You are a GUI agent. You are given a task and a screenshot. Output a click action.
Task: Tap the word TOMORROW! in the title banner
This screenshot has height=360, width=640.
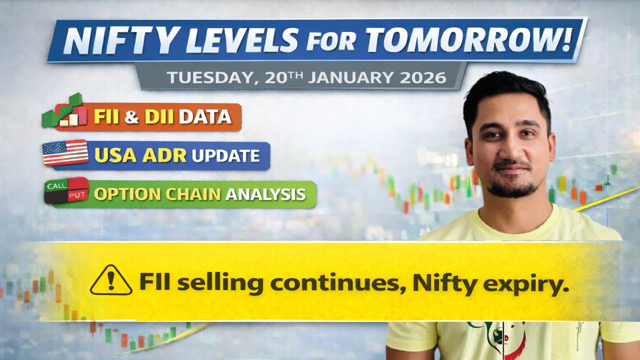(468, 39)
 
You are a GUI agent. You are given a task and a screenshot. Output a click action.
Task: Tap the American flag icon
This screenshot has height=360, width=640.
(65, 153)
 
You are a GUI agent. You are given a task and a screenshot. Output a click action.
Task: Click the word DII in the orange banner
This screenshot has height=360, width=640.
(160, 117)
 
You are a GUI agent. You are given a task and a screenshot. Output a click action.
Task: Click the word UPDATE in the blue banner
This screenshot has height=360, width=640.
(225, 155)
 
